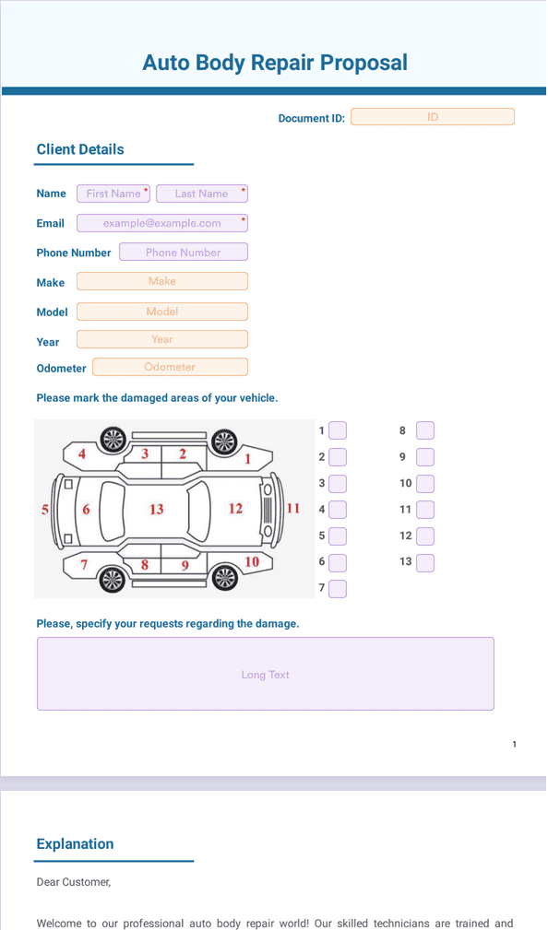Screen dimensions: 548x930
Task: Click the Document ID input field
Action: point(433,117)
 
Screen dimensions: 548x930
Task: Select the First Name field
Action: point(113,194)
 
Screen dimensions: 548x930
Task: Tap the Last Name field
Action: point(202,194)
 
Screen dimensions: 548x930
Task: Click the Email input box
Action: point(162,223)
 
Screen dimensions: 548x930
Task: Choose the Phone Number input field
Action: point(184,252)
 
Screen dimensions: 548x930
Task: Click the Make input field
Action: point(162,281)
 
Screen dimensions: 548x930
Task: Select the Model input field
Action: point(162,312)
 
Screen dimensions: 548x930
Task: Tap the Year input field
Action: point(162,339)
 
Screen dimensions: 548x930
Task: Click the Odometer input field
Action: point(170,367)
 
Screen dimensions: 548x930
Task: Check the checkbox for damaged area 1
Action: point(338,430)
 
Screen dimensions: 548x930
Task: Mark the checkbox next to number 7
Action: point(338,589)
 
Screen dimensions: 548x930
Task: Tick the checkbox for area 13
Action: point(425,563)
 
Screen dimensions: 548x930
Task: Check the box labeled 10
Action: point(425,483)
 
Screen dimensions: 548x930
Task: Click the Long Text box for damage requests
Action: point(266,674)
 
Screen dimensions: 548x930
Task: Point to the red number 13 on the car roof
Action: point(156,509)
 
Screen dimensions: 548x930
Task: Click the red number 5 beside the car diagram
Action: point(45,509)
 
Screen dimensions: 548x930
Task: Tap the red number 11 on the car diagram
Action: point(293,508)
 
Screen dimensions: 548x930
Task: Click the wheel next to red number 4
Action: point(113,440)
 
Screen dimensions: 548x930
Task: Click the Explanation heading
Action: point(75,844)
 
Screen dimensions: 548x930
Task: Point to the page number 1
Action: point(514,744)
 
